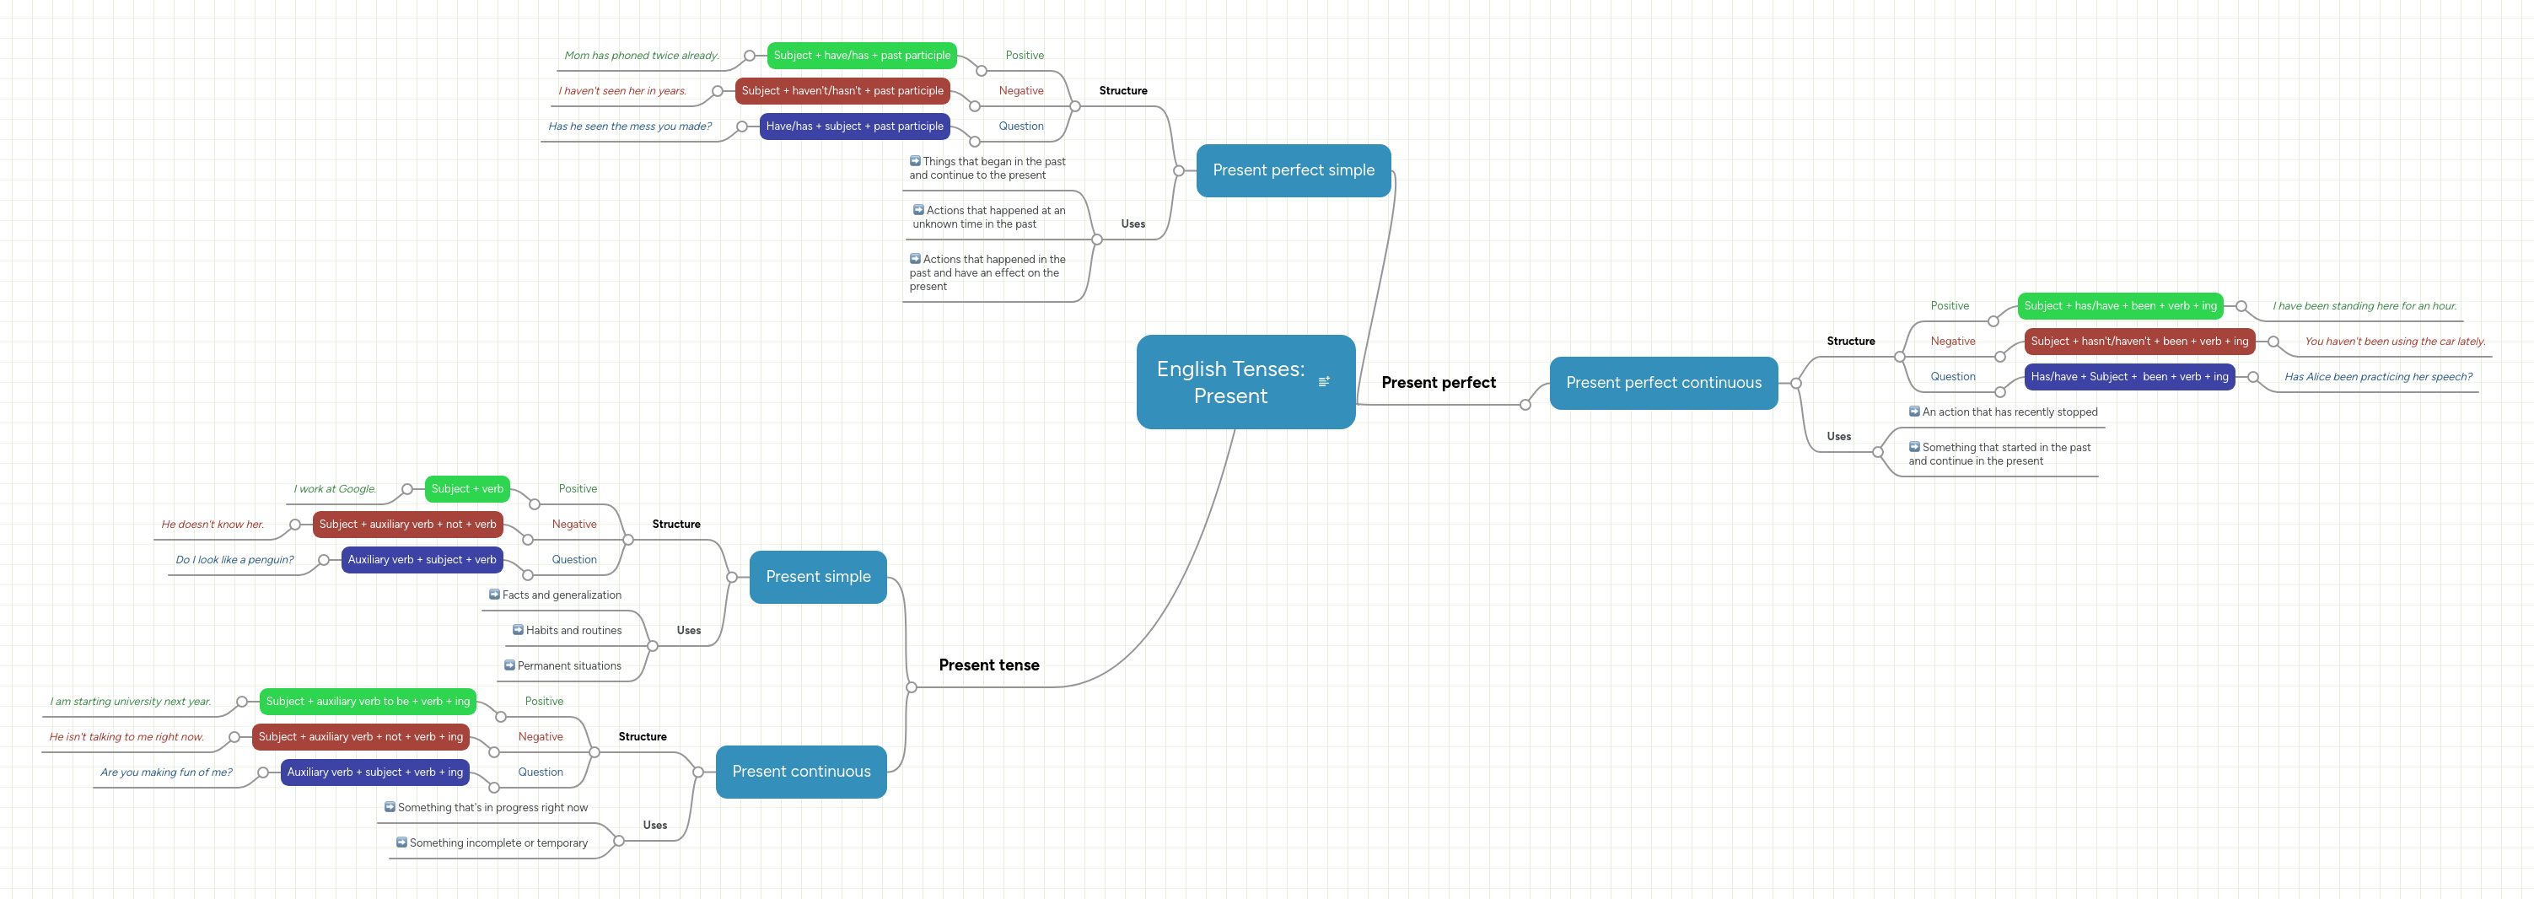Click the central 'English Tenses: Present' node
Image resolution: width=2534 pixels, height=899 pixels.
[x=1229, y=382]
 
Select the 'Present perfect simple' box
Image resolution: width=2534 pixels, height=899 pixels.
[x=1293, y=170]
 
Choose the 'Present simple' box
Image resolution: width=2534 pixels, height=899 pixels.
[x=817, y=576]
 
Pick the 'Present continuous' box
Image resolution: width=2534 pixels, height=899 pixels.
[x=801, y=771]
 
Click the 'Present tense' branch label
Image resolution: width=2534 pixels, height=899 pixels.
[x=987, y=665]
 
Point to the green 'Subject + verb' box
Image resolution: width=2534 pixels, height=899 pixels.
[x=467, y=489]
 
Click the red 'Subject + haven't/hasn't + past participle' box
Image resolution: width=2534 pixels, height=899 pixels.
[x=842, y=90]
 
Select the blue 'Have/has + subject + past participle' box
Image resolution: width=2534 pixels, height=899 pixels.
[x=854, y=126]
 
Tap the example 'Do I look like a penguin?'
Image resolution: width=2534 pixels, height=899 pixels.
[x=234, y=560]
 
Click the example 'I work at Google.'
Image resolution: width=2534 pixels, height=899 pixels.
[x=335, y=489]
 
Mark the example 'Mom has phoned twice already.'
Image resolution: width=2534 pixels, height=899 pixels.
[x=642, y=55]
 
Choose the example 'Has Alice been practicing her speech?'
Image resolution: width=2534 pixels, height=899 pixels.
[x=2378, y=377]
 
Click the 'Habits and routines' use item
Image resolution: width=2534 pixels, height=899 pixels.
[x=573, y=631]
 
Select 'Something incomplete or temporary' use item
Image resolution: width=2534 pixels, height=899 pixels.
[x=498, y=843]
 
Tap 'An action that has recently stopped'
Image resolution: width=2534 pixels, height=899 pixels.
[x=2009, y=412]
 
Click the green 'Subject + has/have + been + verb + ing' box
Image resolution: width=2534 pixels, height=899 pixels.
[x=2120, y=306]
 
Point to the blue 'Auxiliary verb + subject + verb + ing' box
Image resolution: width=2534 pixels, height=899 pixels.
[x=374, y=772]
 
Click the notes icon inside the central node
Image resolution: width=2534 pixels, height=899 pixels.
[x=1324, y=382]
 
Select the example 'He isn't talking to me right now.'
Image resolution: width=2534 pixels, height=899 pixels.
[x=126, y=737]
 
